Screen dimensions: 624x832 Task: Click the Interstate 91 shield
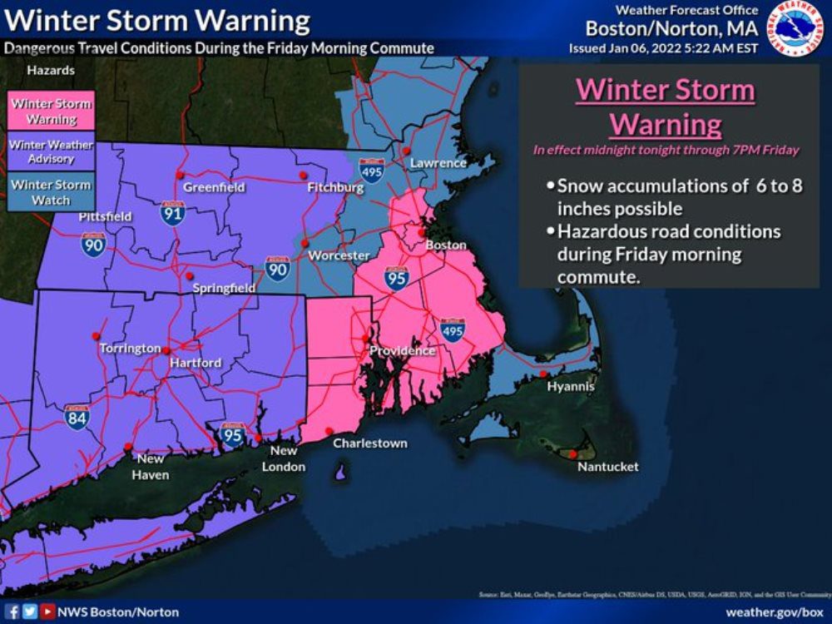tap(172, 213)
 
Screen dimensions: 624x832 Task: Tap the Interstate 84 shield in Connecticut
tap(77, 418)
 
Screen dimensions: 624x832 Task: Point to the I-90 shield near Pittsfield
tap(93, 244)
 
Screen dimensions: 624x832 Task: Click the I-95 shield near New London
tap(232, 433)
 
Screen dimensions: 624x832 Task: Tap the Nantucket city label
tap(607, 467)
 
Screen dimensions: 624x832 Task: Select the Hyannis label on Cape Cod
tap(570, 387)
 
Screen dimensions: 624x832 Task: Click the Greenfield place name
tap(214, 187)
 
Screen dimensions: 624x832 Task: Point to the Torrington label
tap(130, 348)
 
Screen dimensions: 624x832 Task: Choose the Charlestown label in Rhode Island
tap(370, 443)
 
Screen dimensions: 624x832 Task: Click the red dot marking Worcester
tap(305, 243)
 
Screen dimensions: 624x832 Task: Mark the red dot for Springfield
tap(190, 275)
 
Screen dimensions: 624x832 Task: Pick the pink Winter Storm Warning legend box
tap(51, 111)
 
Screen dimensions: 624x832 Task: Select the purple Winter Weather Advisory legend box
tap(51, 151)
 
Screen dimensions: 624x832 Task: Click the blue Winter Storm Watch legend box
tap(51, 192)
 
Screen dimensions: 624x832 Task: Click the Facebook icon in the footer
tap(12, 612)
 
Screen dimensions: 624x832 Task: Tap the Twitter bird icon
tap(31, 612)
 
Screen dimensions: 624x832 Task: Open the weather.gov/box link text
tap(774, 612)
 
